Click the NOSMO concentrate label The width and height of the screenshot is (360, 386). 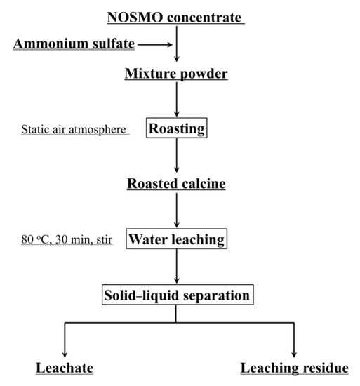tap(176, 16)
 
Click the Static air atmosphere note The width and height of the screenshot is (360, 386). tap(75, 129)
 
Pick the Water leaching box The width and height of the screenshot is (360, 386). tap(176, 239)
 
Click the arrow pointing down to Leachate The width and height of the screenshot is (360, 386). tap(65, 341)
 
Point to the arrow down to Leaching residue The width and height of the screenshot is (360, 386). tap(293, 341)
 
